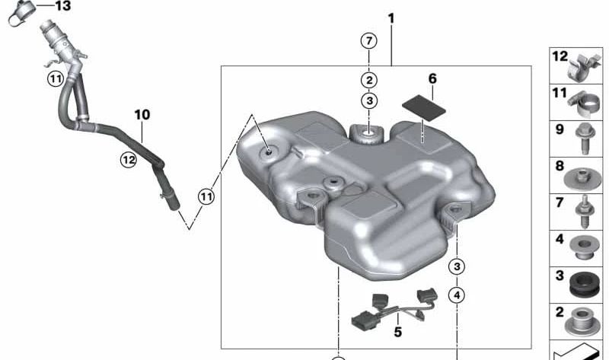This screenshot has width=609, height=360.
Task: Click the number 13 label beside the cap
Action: pos(62,6)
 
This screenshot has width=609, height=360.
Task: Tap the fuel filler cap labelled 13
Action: pos(21,11)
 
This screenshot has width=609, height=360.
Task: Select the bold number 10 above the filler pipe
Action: pos(142,115)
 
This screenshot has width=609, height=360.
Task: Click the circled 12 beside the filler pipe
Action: pos(129,160)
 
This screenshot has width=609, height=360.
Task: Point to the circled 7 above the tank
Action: pos(368,41)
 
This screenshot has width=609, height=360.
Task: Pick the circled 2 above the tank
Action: pos(369,81)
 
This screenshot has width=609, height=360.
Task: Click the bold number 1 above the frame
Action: pos(391,18)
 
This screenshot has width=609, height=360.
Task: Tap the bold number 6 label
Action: pos(432,78)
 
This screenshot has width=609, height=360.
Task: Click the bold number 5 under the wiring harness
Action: pos(397,332)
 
